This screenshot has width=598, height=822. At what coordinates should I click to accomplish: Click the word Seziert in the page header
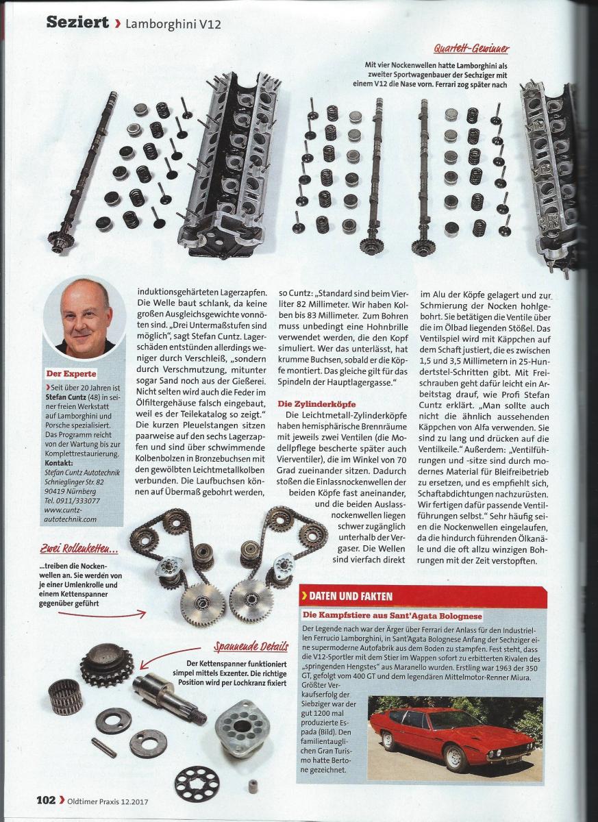[x=77, y=22]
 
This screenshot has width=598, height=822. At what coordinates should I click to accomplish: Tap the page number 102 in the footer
[x=47, y=799]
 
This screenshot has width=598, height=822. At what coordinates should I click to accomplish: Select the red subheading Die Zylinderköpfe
[x=316, y=403]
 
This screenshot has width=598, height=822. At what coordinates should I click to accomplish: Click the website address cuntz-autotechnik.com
[x=70, y=514]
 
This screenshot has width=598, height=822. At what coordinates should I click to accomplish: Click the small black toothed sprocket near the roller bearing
[x=107, y=665]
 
